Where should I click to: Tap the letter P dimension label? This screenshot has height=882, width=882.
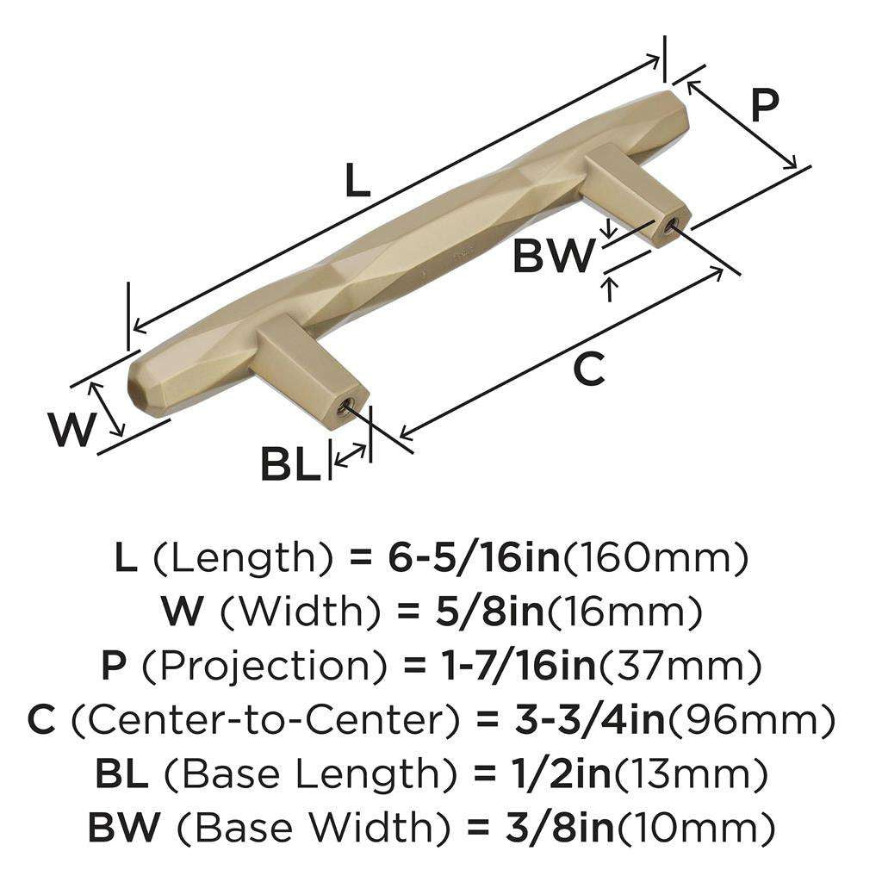764,105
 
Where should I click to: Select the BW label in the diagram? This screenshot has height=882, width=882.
554,256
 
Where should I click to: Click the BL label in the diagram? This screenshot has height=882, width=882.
290,466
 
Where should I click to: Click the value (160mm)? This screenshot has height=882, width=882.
655,560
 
